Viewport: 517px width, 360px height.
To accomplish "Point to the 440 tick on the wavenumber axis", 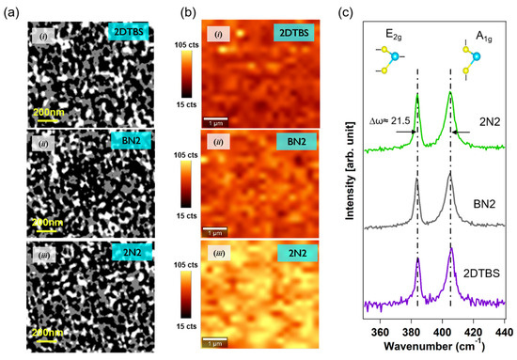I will (x=505, y=332).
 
